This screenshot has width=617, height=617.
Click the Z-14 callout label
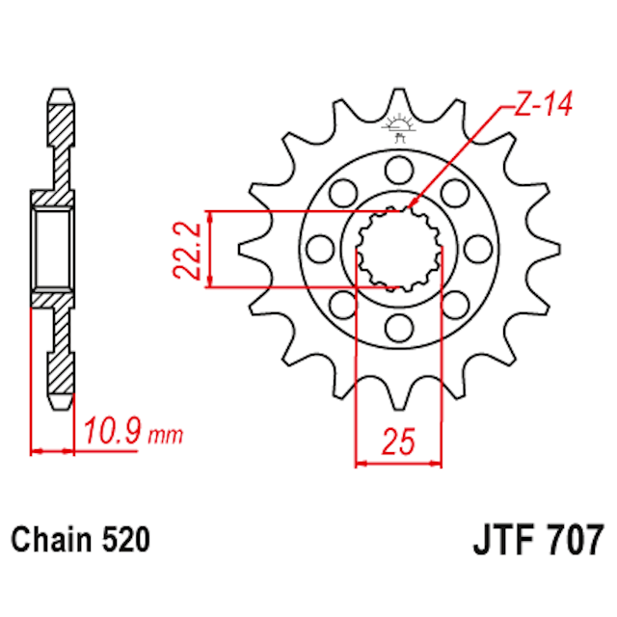[544, 103]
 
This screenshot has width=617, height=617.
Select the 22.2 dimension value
[189, 249]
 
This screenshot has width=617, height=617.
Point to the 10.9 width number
[113, 432]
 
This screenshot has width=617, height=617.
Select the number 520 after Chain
[125, 541]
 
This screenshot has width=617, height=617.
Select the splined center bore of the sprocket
[398, 249]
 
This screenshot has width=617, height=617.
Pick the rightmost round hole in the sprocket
[476, 250]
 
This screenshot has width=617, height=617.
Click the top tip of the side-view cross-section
[61, 94]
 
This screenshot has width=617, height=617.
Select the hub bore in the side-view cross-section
[54, 250]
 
